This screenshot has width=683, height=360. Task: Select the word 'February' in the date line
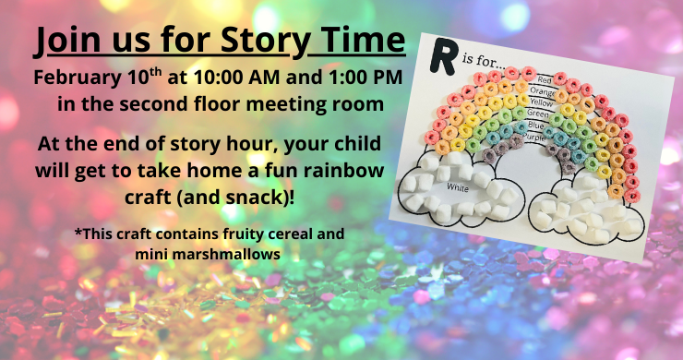[x=78, y=77]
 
